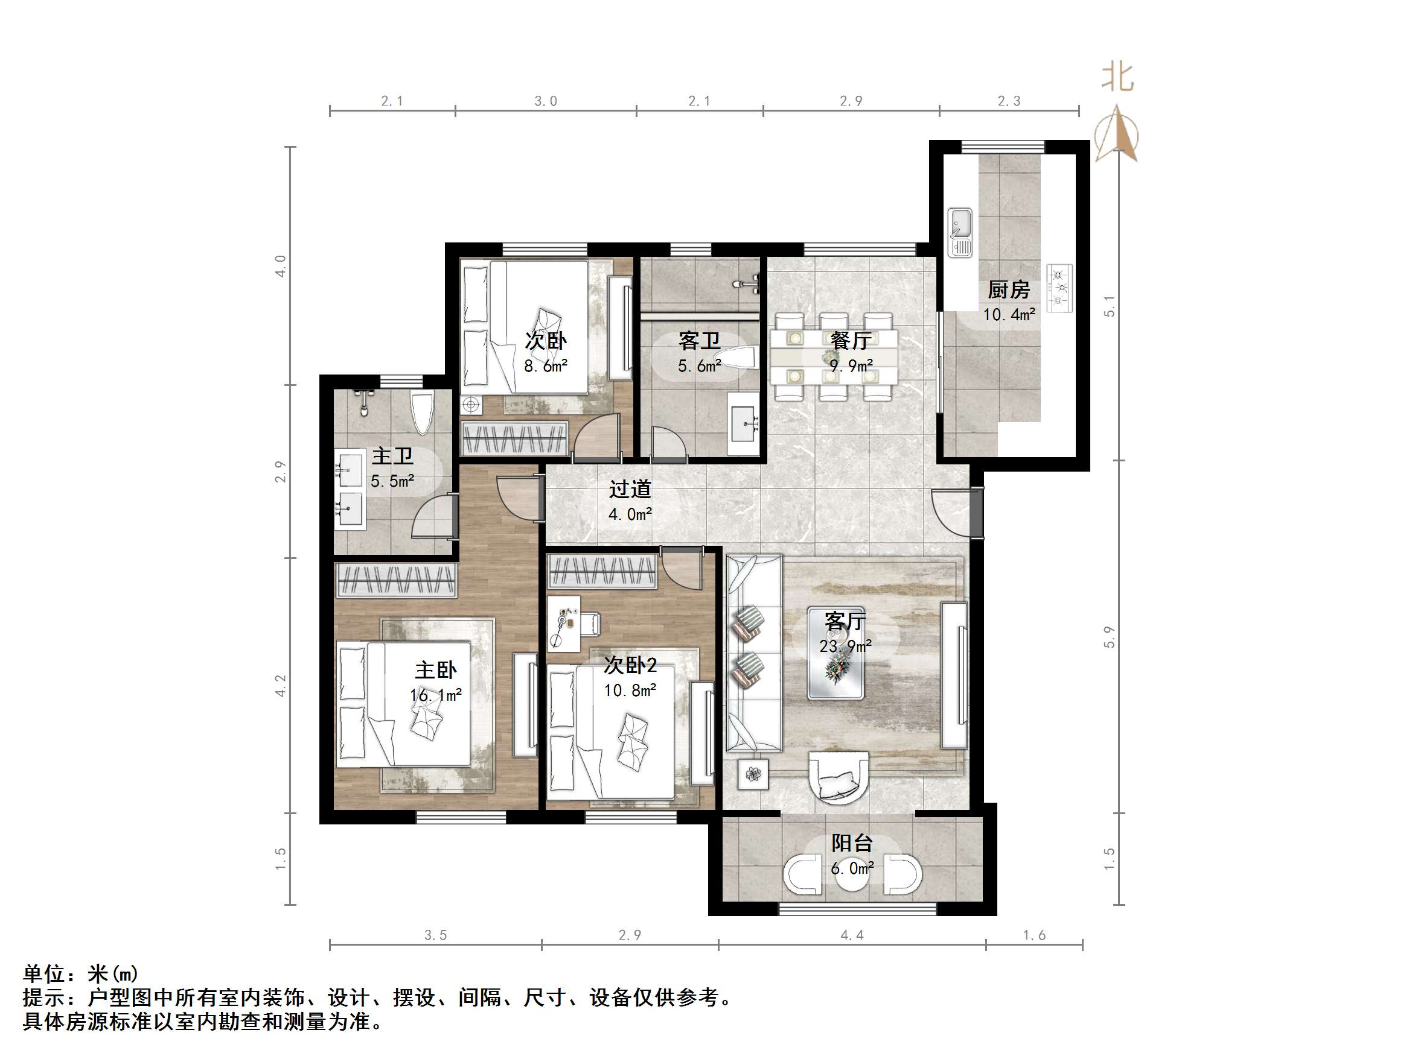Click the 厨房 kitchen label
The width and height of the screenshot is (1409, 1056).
click(x=1008, y=290)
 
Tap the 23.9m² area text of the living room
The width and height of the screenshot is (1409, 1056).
click(x=845, y=646)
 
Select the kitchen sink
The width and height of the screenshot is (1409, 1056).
click(x=959, y=232)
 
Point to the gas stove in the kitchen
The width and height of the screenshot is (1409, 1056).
click(x=1059, y=288)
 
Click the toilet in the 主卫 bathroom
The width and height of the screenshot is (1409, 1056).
click(x=422, y=413)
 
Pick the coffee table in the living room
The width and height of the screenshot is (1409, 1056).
click(x=835, y=653)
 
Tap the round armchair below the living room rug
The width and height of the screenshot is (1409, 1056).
click(x=838, y=778)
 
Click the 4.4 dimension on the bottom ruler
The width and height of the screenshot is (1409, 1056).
click(x=852, y=935)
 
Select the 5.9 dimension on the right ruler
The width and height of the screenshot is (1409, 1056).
click(x=1109, y=636)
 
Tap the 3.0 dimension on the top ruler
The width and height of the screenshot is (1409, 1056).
click(x=545, y=101)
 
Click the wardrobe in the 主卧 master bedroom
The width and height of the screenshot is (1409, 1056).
click(x=395, y=580)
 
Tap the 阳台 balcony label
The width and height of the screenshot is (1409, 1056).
click(x=852, y=843)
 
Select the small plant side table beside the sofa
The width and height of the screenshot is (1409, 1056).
click(x=753, y=774)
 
